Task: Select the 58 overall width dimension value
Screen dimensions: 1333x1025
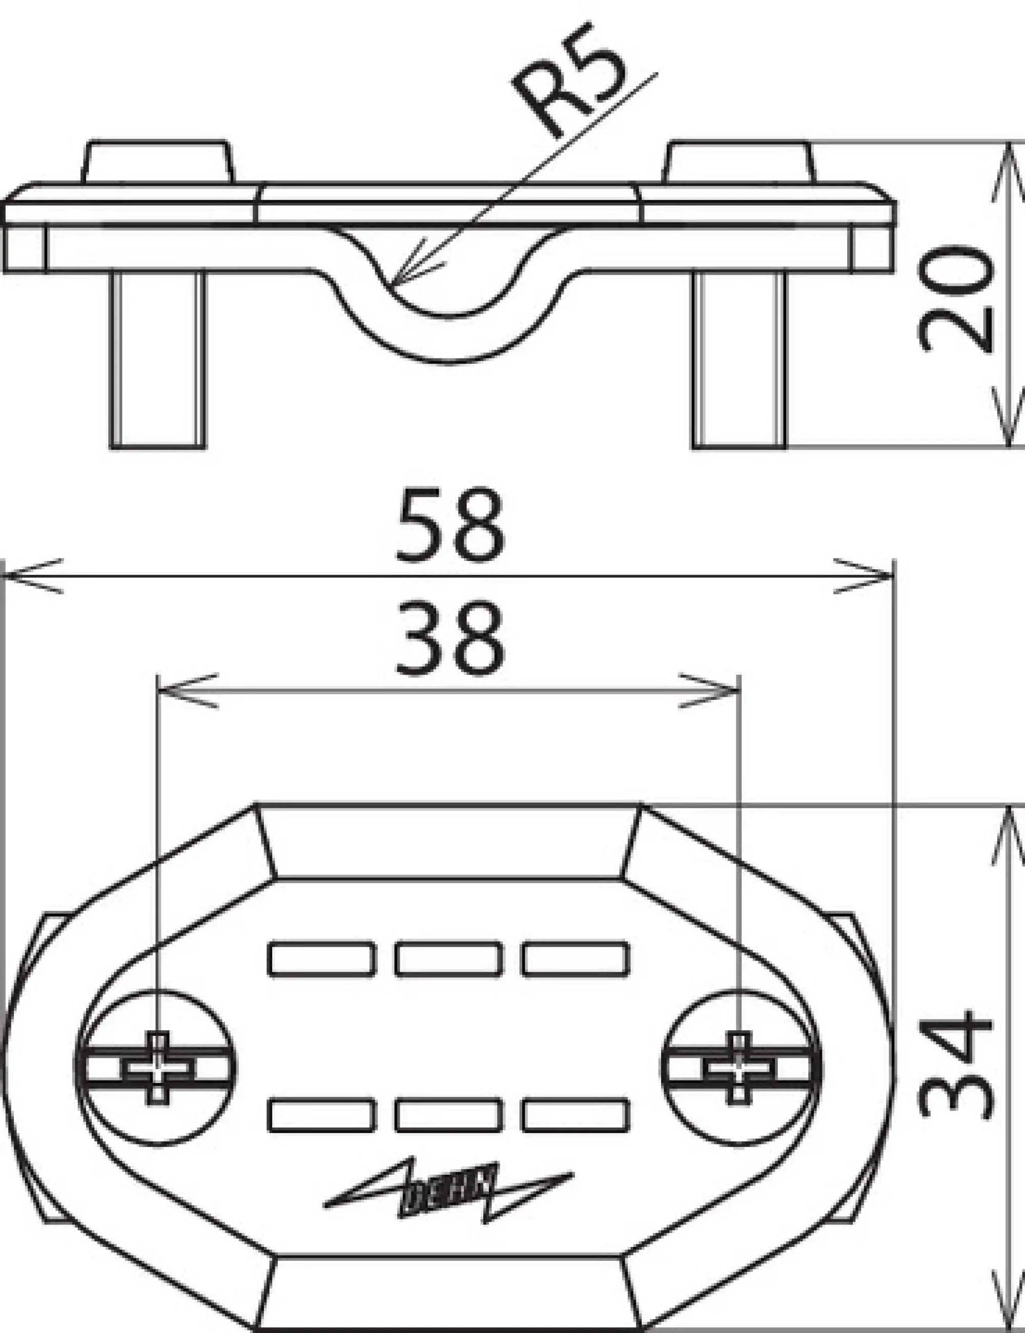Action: (450, 525)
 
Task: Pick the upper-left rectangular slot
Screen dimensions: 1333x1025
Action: (321, 959)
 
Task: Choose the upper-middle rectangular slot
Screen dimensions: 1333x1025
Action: (448, 959)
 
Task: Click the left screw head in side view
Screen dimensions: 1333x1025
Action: (158, 162)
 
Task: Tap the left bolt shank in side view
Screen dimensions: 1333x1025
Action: (158, 360)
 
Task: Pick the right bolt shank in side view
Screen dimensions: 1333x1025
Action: (740, 360)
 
